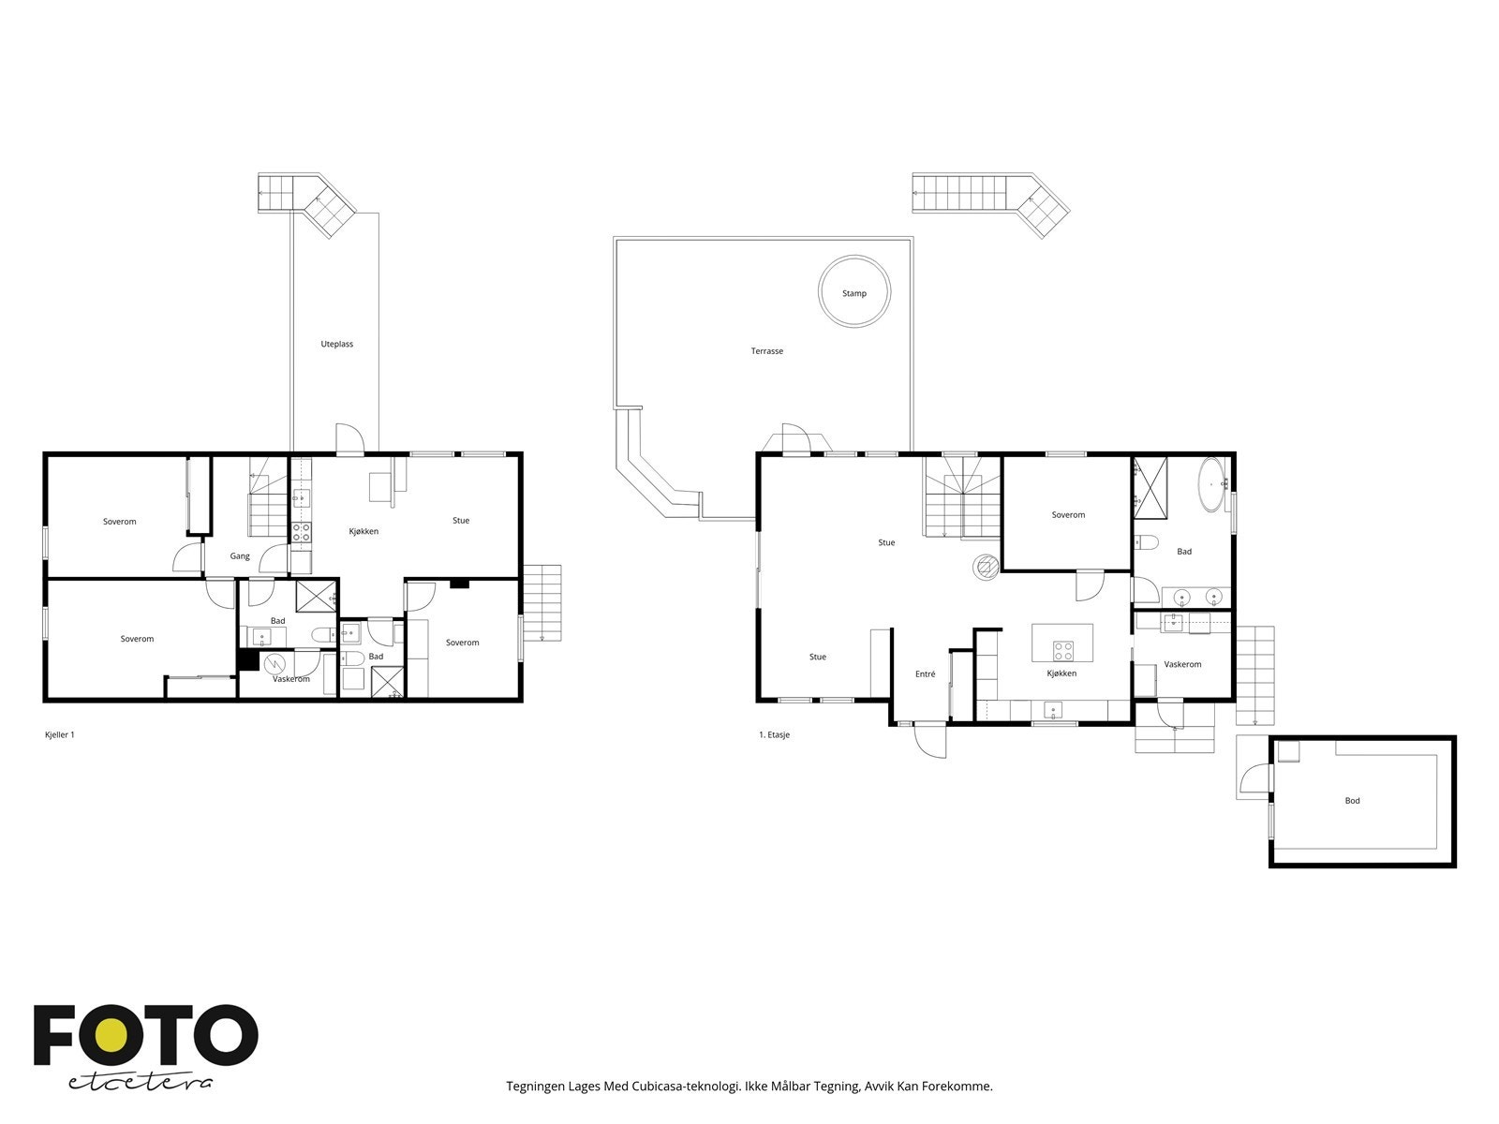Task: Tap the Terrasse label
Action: pos(766,351)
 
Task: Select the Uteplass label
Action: pos(336,344)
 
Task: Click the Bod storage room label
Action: pos(1352,801)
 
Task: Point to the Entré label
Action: pos(925,674)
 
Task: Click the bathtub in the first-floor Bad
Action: pos(1213,483)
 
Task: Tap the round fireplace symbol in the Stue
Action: pos(985,566)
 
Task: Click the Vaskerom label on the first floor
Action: pos(1182,664)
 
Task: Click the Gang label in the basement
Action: pos(240,556)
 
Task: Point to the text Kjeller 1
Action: pos(59,735)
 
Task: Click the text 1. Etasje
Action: pos(774,735)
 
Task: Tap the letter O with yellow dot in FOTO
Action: pos(111,1035)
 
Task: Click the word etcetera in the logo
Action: pos(141,1082)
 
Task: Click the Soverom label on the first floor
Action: pos(1068,515)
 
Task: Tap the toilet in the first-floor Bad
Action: pos(1145,541)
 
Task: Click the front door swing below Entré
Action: pos(930,743)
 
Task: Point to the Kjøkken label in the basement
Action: pos(364,531)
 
